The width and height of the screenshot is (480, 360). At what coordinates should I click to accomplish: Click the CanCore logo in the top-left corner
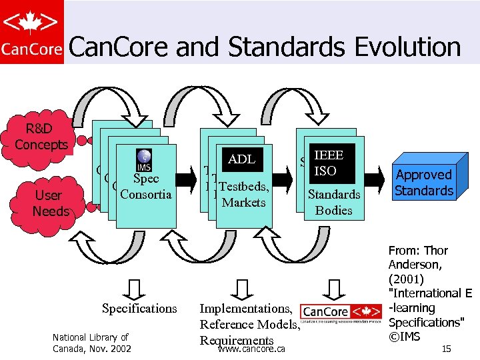31,32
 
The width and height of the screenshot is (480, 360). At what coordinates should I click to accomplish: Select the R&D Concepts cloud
41,137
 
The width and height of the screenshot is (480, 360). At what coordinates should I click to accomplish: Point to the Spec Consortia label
145,187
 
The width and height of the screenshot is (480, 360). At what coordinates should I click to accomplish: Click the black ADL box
241,159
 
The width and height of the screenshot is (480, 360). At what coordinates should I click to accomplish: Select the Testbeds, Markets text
243,195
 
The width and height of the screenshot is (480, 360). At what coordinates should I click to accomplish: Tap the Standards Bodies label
333,202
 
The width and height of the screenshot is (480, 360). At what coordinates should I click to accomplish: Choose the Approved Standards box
424,182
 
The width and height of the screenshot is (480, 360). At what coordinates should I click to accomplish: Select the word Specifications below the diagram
139,309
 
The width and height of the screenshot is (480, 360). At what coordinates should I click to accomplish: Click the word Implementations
245,309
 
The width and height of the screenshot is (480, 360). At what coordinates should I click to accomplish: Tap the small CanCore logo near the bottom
341,312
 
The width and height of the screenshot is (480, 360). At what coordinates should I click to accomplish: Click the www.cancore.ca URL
252,349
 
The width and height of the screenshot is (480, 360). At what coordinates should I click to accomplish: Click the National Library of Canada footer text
91,343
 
